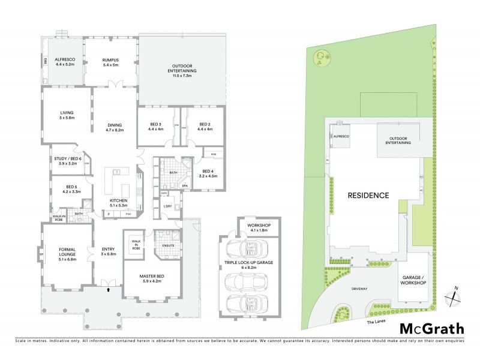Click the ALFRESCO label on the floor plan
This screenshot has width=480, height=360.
[x=64, y=60]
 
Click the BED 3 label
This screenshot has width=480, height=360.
[x=156, y=124]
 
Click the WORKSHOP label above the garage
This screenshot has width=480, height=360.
[x=259, y=224]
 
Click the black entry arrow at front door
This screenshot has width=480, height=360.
[x=108, y=289]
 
